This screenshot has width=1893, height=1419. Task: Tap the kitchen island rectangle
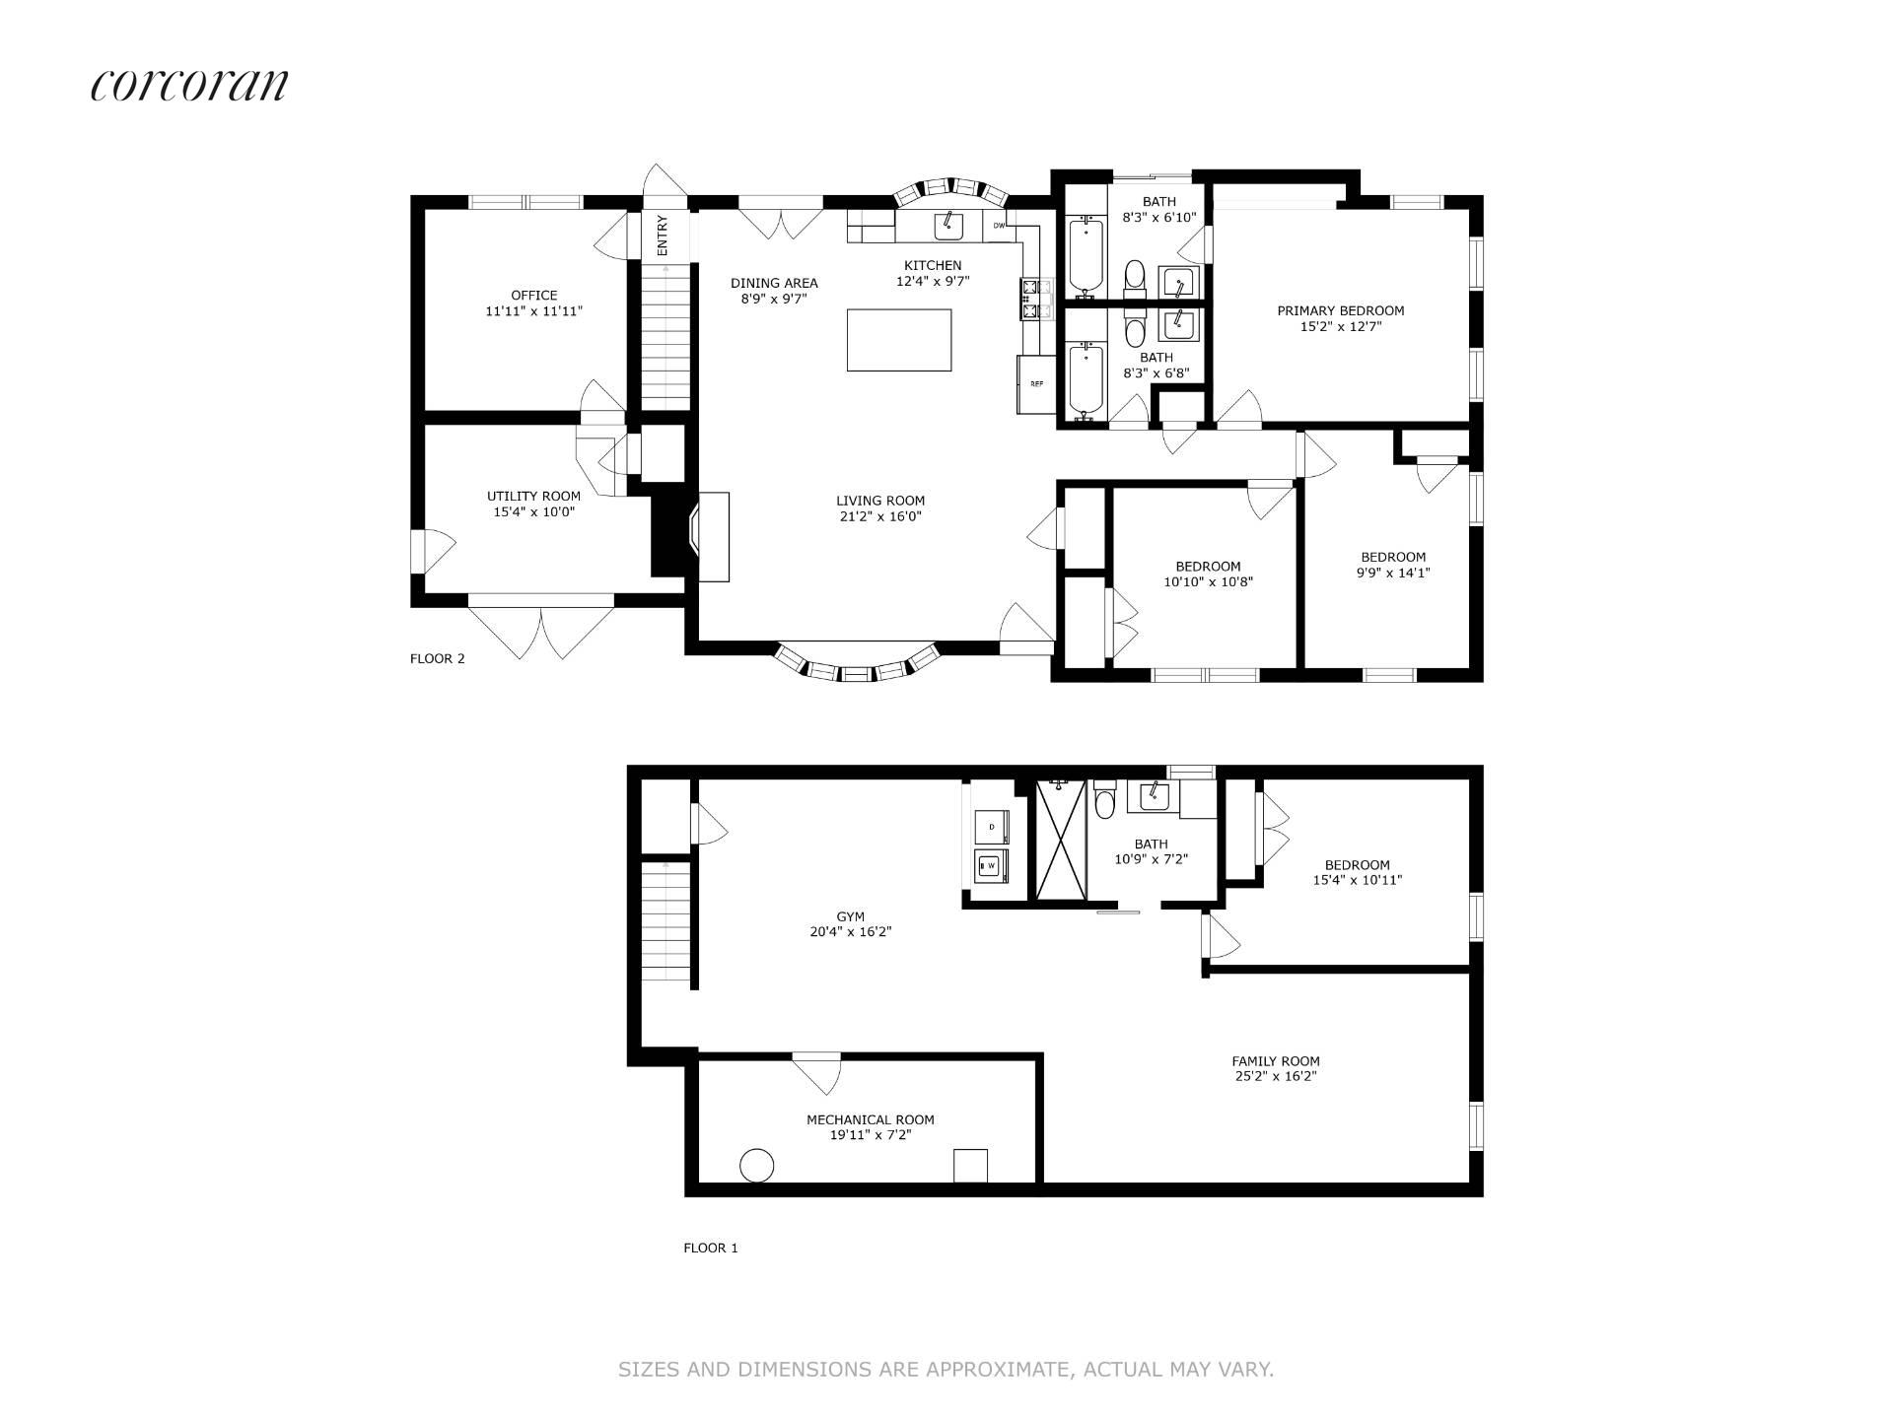(x=899, y=340)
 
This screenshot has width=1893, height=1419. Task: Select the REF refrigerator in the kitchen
(x=1037, y=383)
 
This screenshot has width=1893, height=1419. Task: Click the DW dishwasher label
(x=999, y=226)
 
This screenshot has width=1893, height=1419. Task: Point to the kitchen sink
(x=948, y=226)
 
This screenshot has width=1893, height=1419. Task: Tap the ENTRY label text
(x=663, y=236)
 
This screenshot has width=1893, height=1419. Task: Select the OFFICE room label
(x=534, y=295)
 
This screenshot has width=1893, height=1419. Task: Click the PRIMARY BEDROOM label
(x=1341, y=310)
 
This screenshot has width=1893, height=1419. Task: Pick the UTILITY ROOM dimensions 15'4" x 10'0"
(x=533, y=511)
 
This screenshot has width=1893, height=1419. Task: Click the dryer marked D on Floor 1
(x=990, y=824)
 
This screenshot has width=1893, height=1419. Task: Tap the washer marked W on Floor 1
(x=990, y=866)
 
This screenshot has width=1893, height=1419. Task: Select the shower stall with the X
(x=1060, y=840)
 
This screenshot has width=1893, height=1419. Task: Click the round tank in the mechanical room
(x=756, y=1165)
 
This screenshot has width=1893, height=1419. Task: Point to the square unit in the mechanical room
(x=970, y=1165)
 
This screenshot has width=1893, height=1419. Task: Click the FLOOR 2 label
(x=437, y=658)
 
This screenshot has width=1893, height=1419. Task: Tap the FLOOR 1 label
(x=710, y=1248)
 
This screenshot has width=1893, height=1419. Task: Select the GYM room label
(x=850, y=916)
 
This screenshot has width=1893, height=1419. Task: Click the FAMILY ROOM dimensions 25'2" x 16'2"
(x=1276, y=1076)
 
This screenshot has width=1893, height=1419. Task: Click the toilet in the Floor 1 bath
(x=1104, y=800)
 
